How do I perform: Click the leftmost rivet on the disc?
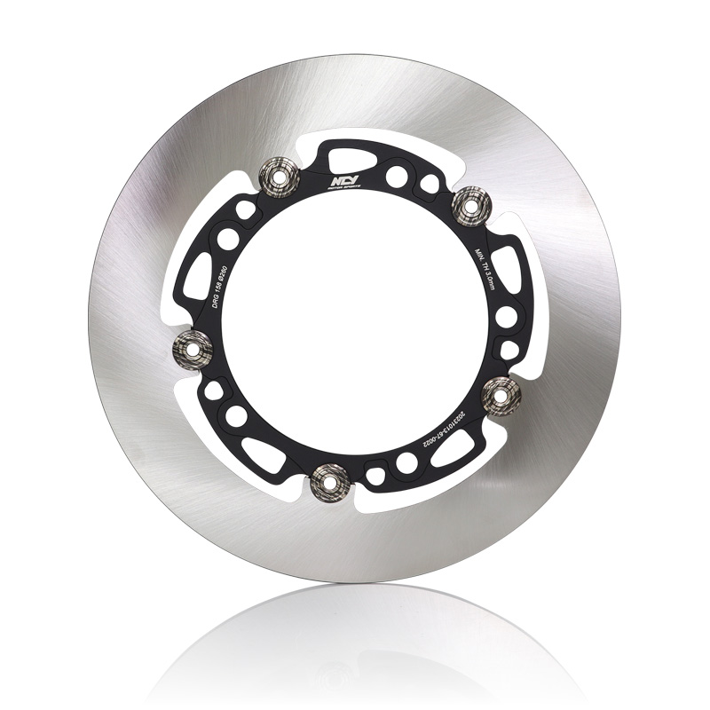coord(193,343)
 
